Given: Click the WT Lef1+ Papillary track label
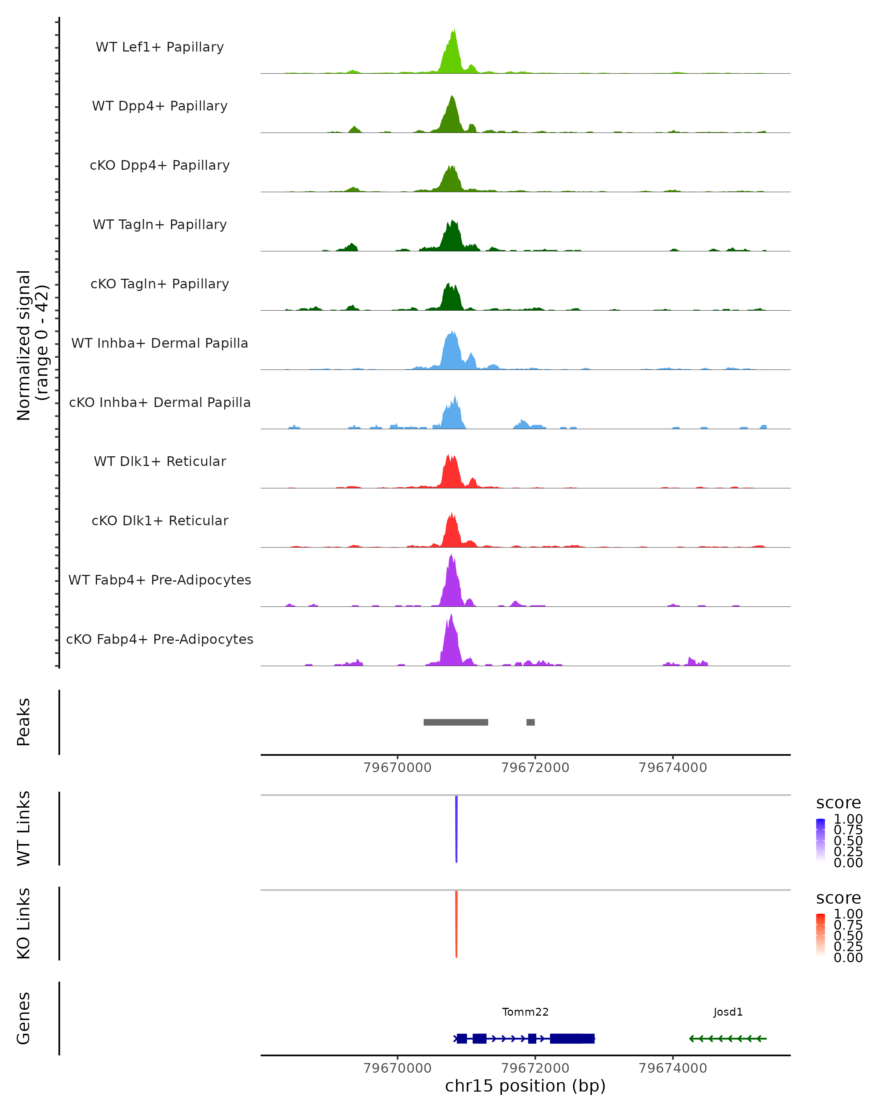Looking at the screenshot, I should [x=160, y=47].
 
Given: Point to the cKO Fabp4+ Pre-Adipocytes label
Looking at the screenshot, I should [x=160, y=639].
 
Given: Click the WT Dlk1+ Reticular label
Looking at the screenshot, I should [x=160, y=461].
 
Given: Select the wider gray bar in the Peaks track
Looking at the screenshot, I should [x=456, y=722].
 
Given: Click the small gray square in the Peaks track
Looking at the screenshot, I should [x=530, y=722].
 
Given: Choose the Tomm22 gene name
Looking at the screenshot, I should [x=525, y=1012].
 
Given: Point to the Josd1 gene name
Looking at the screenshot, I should [x=728, y=1012].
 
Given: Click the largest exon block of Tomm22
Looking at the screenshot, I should [x=572, y=1038].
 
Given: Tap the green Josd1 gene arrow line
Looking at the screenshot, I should [x=728, y=1038].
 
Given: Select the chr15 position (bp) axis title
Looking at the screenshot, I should [x=525, y=1086].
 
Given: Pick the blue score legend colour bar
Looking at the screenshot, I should [x=820, y=840].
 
